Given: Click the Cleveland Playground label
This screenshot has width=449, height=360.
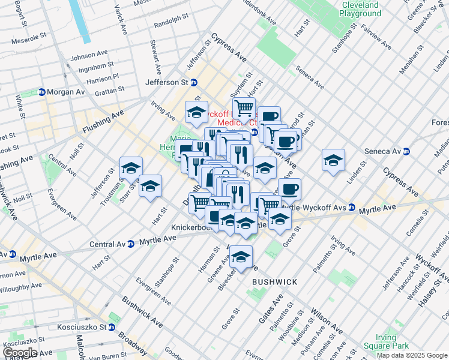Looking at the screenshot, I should coord(361,8).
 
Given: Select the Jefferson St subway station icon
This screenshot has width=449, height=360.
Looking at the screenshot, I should coord(194,82).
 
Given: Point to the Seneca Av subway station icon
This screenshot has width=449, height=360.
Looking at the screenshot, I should coord(406,152).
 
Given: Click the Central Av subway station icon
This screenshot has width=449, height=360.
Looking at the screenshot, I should coord(131,244).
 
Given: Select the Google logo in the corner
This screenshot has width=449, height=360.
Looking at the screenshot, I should coord(19,352).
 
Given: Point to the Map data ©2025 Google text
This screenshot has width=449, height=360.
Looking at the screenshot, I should coord(412,355).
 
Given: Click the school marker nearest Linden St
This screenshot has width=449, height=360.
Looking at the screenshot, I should coord(333,161).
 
